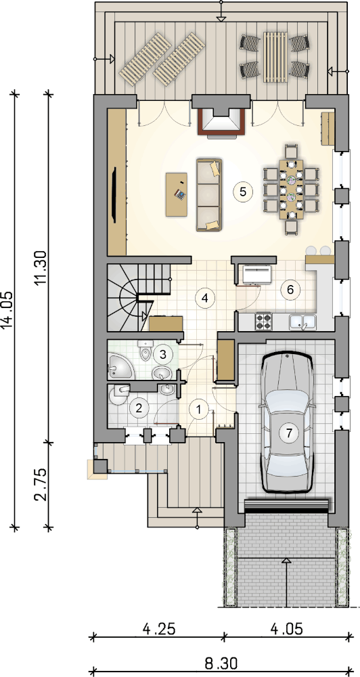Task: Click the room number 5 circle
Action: point(242,192)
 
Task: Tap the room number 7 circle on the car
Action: point(288,432)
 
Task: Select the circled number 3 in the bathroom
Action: point(162,355)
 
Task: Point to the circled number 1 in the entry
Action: point(199,408)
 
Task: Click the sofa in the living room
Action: point(209,195)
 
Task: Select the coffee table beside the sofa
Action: point(177,194)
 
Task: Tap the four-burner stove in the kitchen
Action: point(263,321)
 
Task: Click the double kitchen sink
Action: point(303,322)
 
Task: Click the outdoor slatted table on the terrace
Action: point(275,57)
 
